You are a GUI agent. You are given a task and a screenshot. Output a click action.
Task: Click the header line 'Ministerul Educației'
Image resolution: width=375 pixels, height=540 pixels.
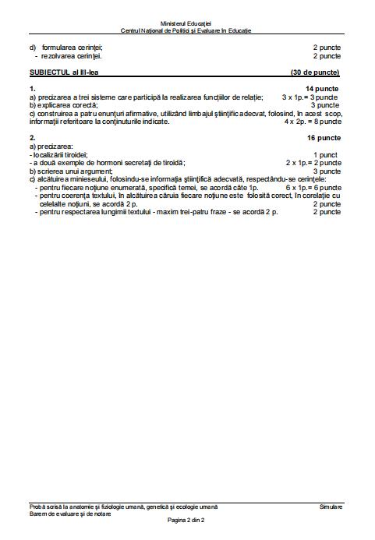pyautogui.click(x=186, y=25)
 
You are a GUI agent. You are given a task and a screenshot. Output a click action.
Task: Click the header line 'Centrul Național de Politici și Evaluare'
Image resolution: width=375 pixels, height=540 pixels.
pyautogui.click(x=186, y=31)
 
